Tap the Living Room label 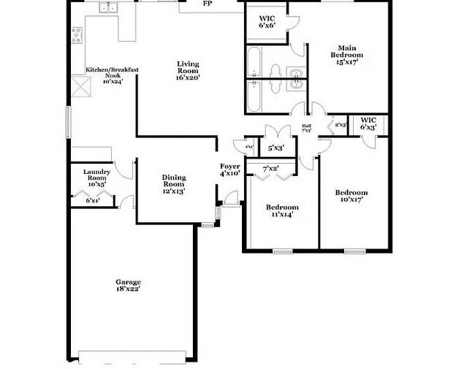click(188, 70)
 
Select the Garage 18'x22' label click(128, 285)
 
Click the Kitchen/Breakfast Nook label click(113, 75)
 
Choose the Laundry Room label click(98, 180)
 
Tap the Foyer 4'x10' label click(230, 170)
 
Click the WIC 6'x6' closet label click(266, 21)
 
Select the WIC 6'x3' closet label click(368, 123)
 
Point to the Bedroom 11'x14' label click(281, 211)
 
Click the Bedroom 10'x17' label click(351, 197)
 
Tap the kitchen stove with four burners click(77, 34)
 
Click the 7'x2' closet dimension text click(270, 169)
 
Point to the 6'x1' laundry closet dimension click(93, 200)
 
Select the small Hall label click(306, 128)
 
